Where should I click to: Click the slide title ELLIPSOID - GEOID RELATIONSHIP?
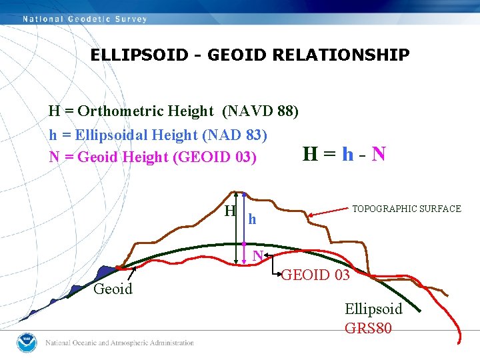click(x=250, y=55)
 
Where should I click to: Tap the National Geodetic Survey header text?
click(x=85, y=19)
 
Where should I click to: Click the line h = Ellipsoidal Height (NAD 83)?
click(x=158, y=135)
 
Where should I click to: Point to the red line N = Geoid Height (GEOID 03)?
click(x=153, y=157)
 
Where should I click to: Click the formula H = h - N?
click(x=343, y=155)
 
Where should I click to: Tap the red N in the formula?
click(x=378, y=155)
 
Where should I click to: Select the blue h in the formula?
click(x=347, y=155)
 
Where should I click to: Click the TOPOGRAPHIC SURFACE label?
click(x=406, y=209)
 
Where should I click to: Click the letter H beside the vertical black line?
click(x=229, y=212)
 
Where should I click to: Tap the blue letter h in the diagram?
click(x=252, y=219)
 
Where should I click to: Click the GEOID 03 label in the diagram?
click(x=315, y=275)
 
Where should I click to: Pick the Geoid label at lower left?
click(x=113, y=289)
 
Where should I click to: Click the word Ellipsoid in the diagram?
click(x=373, y=309)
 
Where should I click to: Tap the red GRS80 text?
click(x=368, y=328)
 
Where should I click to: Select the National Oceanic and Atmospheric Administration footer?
click(x=119, y=343)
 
